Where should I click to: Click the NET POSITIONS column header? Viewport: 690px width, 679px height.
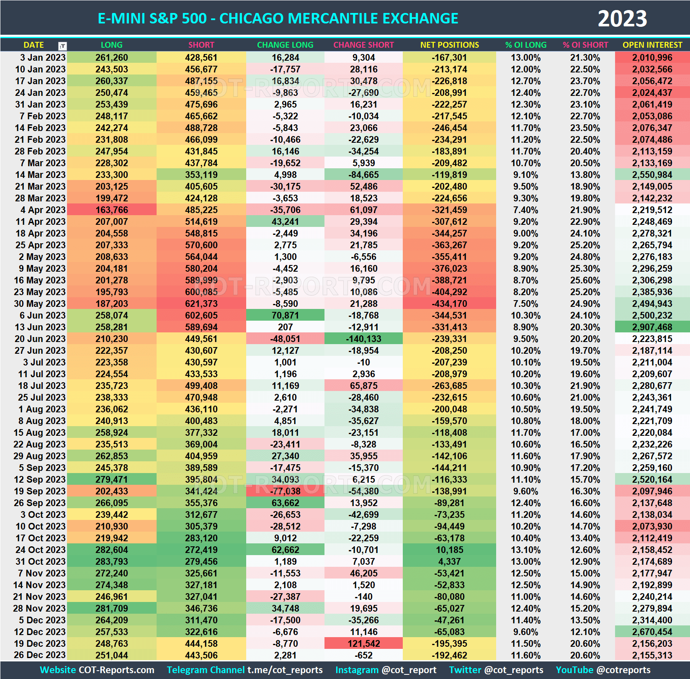pyautogui.click(x=449, y=45)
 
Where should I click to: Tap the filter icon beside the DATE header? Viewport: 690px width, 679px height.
pyautogui.click(x=62, y=46)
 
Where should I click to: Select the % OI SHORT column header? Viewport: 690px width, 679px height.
pyautogui.click(x=585, y=45)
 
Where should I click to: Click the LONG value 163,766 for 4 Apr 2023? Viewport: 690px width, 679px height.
pyautogui.click(x=111, y=210)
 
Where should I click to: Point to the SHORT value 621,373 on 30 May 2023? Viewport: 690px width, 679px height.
pyautogui.click(x=201, y=303)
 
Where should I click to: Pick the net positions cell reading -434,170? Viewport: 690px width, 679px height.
pyautogui.click(x=449, y=303)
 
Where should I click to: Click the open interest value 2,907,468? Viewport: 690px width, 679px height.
pyautogui.click(x=652, y=327)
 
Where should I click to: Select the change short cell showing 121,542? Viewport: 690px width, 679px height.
pyautogui.click(x=363, y=643)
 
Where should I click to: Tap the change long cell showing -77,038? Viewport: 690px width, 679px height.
pyautogui.click(x=285, y=491)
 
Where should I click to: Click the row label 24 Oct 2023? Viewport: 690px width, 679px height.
pyautogui.click(x=40, y=550)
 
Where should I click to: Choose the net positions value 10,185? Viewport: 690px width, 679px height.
pyautogui.click(x=449, y=550)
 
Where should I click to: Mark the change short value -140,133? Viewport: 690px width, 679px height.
pyautogui.click(x=363, y=339)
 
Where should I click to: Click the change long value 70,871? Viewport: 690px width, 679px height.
pyautogui.click(x=285, y=315)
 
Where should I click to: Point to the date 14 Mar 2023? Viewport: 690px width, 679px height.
pyautogui.click(x=40, y=175)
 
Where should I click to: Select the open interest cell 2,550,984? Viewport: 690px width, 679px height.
pyautogui.click(x=652, y=175)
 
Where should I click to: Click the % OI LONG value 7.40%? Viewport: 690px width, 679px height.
pyautogui.click(x=525, y=210)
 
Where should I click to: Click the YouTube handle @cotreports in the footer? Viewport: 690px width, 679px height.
pyautogui.click(x=623, y=670)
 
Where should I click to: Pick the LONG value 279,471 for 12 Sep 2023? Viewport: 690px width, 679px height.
pyautogui.click(x=111, y=479)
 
